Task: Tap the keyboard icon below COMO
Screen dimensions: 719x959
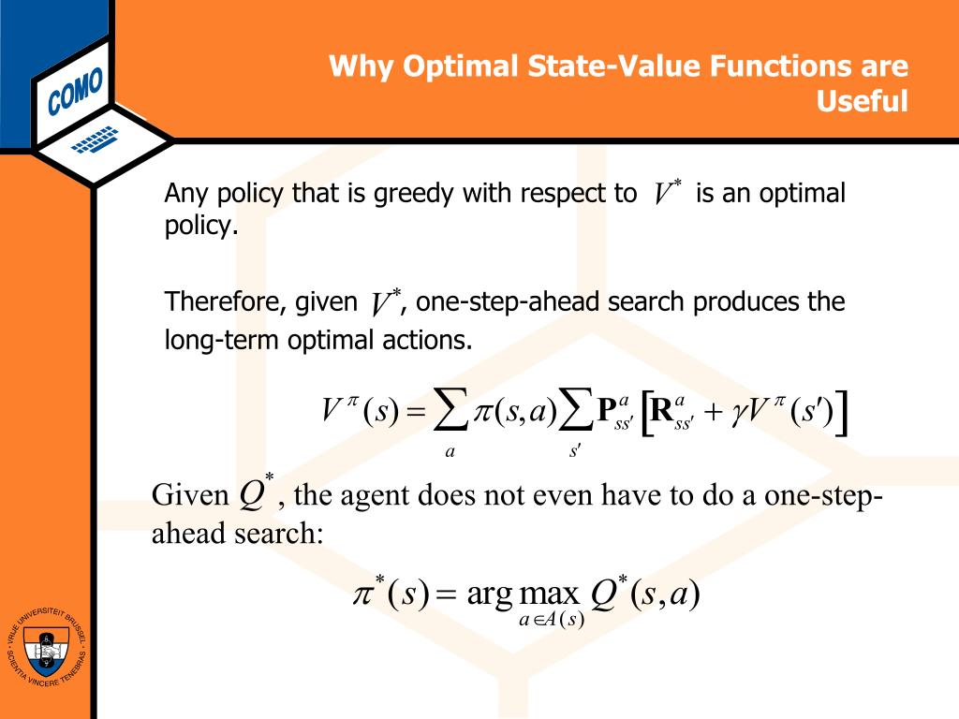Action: point(94,139)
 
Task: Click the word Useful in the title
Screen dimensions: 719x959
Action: point(863,100)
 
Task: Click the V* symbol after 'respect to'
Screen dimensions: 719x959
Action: point(667,194)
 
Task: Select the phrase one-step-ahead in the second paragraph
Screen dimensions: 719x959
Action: point(506,302)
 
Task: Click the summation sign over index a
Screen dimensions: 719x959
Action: point(451,413)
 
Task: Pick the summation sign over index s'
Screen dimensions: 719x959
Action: point(575,413)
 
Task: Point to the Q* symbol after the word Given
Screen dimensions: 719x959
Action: point(255,493)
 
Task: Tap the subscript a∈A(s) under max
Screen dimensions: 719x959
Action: point(552,619)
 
